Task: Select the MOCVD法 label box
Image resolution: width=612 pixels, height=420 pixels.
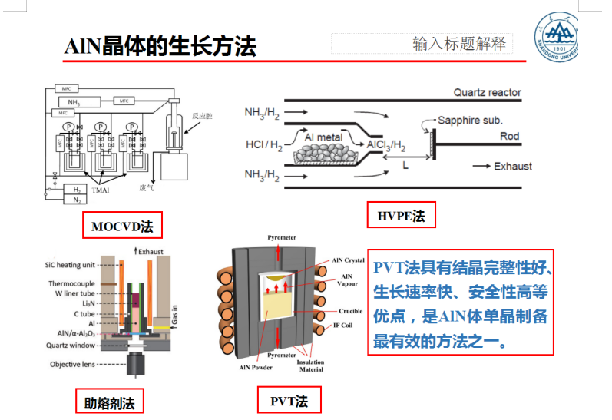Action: (x=122, y=227)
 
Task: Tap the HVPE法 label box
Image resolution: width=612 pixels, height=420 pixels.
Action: (x=401, y=216)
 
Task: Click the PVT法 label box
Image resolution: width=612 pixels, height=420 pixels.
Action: (x=289, y=400)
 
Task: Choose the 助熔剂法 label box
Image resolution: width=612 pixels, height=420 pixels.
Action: (x=110, y=401)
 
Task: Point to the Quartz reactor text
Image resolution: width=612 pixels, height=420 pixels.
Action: (x=487, y=93)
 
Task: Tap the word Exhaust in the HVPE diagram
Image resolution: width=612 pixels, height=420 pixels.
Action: (x=512, y=166)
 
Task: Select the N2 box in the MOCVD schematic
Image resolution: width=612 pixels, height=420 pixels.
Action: (x=76, y=199)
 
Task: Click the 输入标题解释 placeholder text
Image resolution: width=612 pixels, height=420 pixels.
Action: (x=459, y=43)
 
